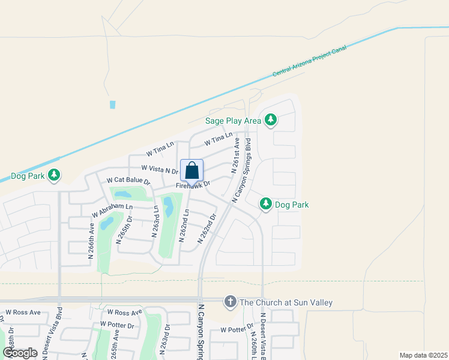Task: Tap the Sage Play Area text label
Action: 233,121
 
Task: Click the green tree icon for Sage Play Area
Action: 271,120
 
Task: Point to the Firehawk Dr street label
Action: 193,185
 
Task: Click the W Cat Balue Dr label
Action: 128,181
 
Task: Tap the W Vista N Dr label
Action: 160,170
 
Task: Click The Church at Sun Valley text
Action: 286,302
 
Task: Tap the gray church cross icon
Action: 230,302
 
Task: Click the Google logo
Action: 20,352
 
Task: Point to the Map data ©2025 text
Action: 423,355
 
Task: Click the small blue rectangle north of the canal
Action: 112,104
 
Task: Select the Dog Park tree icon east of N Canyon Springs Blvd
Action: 266,205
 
